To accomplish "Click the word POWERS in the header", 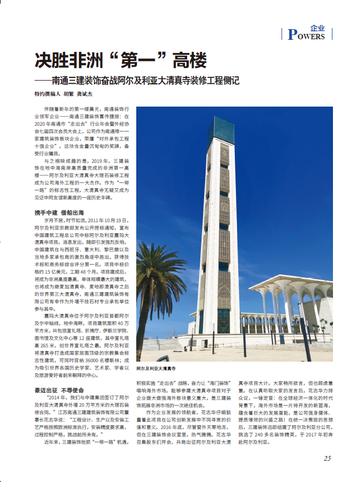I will tap(306, 36).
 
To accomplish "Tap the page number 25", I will tap(327, 458).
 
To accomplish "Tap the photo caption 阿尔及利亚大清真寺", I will tap(156, 367).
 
